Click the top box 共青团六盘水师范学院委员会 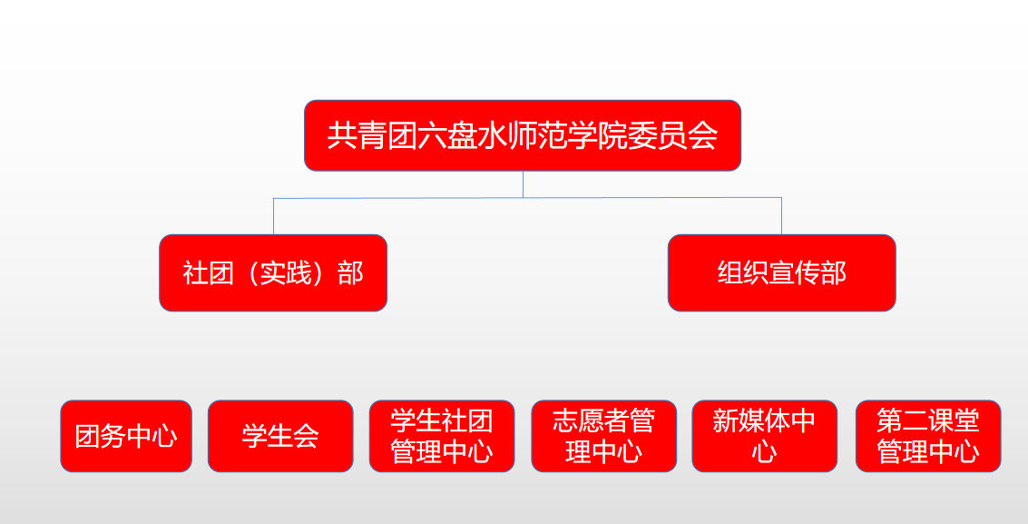point(523,135)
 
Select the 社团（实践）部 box point(273,272)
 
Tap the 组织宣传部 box point(781,272)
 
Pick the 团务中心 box point(126,436)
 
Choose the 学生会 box point(280,436)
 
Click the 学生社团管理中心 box point(442,436)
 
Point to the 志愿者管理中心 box point(603,436)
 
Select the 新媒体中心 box point(765,436)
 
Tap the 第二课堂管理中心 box point(928,436)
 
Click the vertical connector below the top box point(524,184)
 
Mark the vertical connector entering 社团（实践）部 point(273,216)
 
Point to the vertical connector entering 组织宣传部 point(781,216)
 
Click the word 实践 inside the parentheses point(286,272)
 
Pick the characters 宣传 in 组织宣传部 point(795,272)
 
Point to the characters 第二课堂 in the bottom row point(928,421)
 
